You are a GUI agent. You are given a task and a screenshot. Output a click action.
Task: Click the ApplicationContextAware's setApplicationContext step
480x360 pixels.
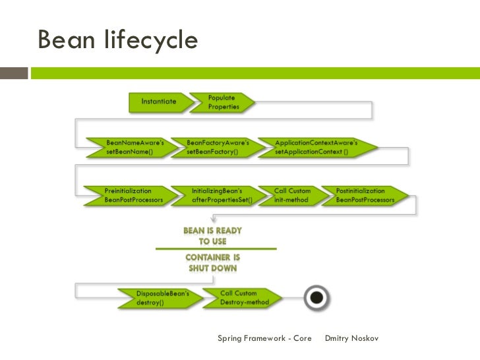pyautogui.click(x=315, y=146)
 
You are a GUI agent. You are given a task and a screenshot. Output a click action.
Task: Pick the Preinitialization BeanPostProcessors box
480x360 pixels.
pyautogui.click(x=132, y=195)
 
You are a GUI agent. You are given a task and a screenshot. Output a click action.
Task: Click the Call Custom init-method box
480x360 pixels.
pyautogui.click(x=293, y=195)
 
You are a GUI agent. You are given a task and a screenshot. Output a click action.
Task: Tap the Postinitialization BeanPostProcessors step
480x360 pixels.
pyautogui.click(x=366, y=195)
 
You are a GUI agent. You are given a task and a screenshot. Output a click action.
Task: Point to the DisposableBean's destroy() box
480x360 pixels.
pyautogui.click(x=157, y=297)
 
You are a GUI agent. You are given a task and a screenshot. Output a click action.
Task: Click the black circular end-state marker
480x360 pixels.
pyautogui.click(x=317, y=297)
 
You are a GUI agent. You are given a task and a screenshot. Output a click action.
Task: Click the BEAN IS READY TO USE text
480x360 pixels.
pyautogui.click(x=212, y=236)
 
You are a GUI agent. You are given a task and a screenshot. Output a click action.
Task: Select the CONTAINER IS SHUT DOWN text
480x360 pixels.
pyautogui.click(x=212, y=262)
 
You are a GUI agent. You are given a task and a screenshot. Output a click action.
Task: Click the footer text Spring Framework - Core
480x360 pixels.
pyautogui.click(x=264, y=339)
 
